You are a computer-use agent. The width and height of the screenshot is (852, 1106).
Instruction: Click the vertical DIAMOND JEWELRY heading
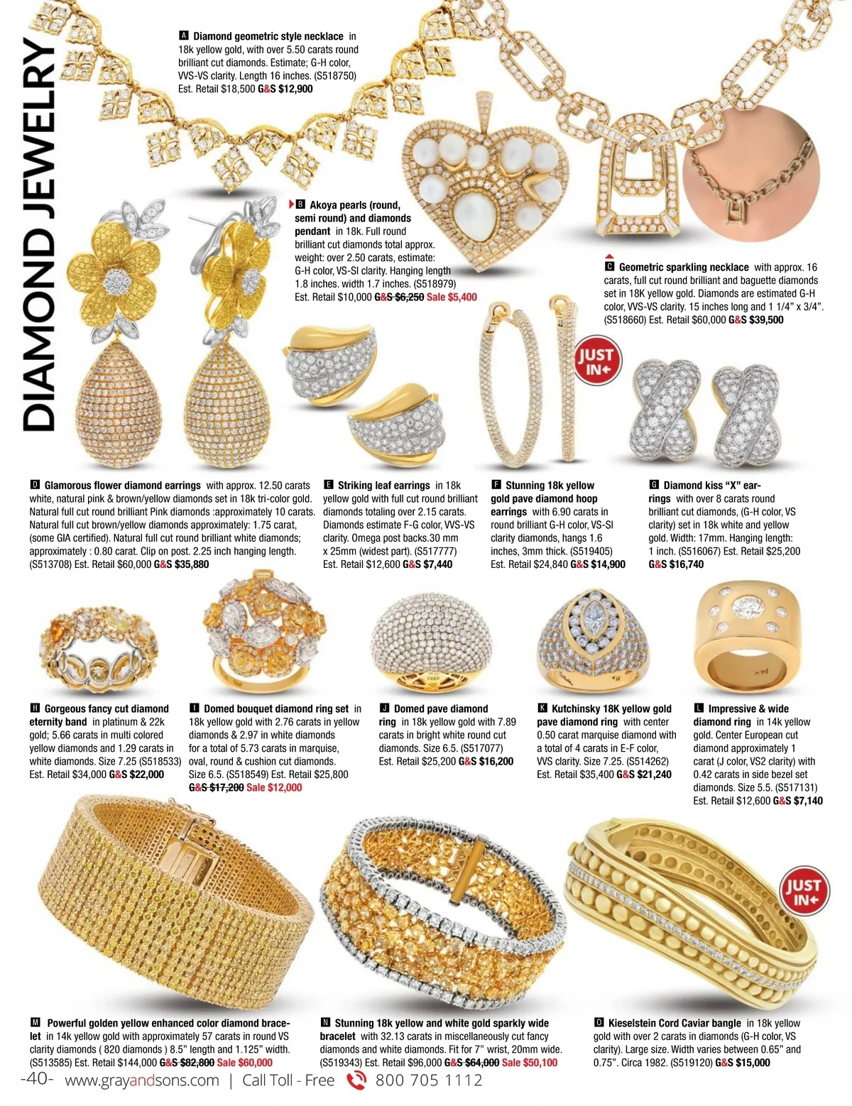tap(39, 234)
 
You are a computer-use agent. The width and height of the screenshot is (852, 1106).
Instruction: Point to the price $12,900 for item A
tap(295, 89)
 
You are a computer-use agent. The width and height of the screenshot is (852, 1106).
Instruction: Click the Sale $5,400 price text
tap(452, 297)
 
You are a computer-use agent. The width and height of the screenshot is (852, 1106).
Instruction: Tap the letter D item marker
tap(35, 486)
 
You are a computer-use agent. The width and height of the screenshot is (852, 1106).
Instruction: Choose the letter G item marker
tap(654, 486)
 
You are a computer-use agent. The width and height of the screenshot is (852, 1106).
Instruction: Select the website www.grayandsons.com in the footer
tap(142, 1080)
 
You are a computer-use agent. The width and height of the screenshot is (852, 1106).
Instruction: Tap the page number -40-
tap(37, 1079)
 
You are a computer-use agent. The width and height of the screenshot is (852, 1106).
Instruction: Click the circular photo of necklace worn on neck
tap(751, 173)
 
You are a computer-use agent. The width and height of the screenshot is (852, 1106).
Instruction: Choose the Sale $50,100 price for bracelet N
tap(529, 1063)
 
